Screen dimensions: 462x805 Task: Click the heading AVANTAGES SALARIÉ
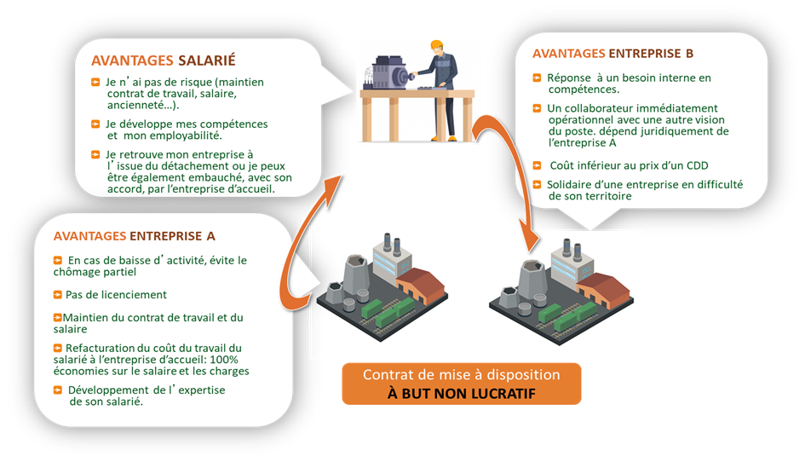163,61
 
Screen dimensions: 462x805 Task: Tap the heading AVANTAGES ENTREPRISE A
134,236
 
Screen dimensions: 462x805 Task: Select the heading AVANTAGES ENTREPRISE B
612,54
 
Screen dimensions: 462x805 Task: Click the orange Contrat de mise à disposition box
461,384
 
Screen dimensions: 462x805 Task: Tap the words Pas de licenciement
115,295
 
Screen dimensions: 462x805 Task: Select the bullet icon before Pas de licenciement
57,295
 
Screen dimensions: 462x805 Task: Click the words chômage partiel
99,273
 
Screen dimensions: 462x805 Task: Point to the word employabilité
181,136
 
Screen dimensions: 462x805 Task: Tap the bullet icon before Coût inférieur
537,165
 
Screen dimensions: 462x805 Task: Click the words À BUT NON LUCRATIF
461,394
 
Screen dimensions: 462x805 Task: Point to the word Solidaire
571,184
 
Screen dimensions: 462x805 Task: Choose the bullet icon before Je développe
95,124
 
